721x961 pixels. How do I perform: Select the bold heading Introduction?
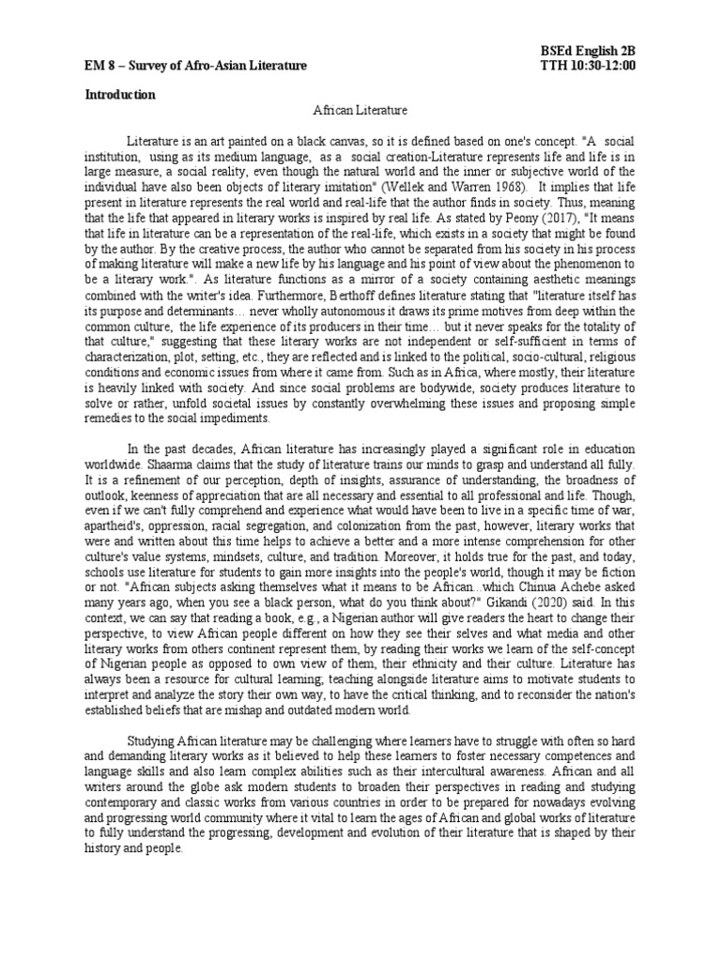point(121,95)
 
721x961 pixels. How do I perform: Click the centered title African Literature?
point(360,111)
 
